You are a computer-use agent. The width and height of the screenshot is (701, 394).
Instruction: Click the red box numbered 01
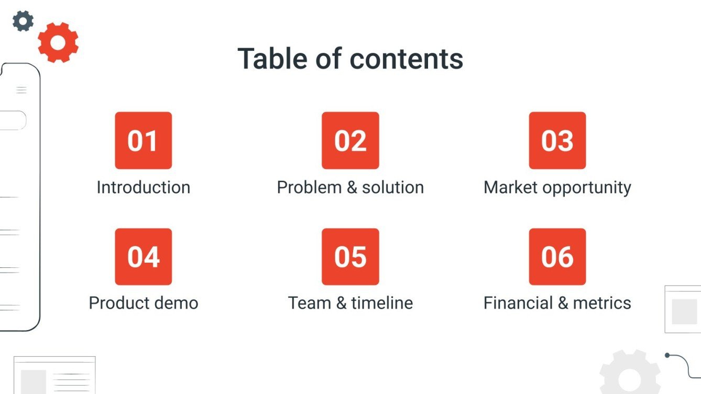[x=143, y=140]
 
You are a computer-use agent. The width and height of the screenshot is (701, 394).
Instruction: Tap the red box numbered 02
[x=350, y=140]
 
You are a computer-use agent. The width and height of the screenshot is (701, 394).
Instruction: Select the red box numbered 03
[x=557, y=140]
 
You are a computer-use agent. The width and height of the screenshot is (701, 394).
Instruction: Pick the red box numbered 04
[x=143, y=256]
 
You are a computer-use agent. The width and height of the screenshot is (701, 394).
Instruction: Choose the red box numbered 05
[x=350, y=256]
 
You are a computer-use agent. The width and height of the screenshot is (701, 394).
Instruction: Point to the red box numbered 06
[x=557, y=256]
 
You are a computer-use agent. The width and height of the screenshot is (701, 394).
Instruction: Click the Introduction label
[x=143, y=187]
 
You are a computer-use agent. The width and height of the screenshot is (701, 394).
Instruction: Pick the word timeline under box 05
[x=382, y=303]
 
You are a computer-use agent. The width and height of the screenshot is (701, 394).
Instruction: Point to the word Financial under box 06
[x=518, y=303]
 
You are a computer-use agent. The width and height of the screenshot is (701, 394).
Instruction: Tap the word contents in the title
[x=407, y=59]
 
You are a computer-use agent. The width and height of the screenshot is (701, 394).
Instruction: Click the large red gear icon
[x=58, y=42]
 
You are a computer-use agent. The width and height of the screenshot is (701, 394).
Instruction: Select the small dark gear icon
[x=23, y=21]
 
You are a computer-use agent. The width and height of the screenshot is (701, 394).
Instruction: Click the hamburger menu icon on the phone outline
[x=21, y=90]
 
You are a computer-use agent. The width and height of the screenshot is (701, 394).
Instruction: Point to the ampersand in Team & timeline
[x=341, y=303]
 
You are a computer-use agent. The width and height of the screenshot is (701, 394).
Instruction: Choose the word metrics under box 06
[x=602, y=303]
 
